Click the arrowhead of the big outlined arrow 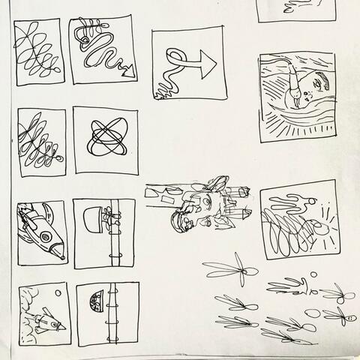coord(207,66)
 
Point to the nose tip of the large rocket coord(61,258)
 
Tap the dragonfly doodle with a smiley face coord(346,315)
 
